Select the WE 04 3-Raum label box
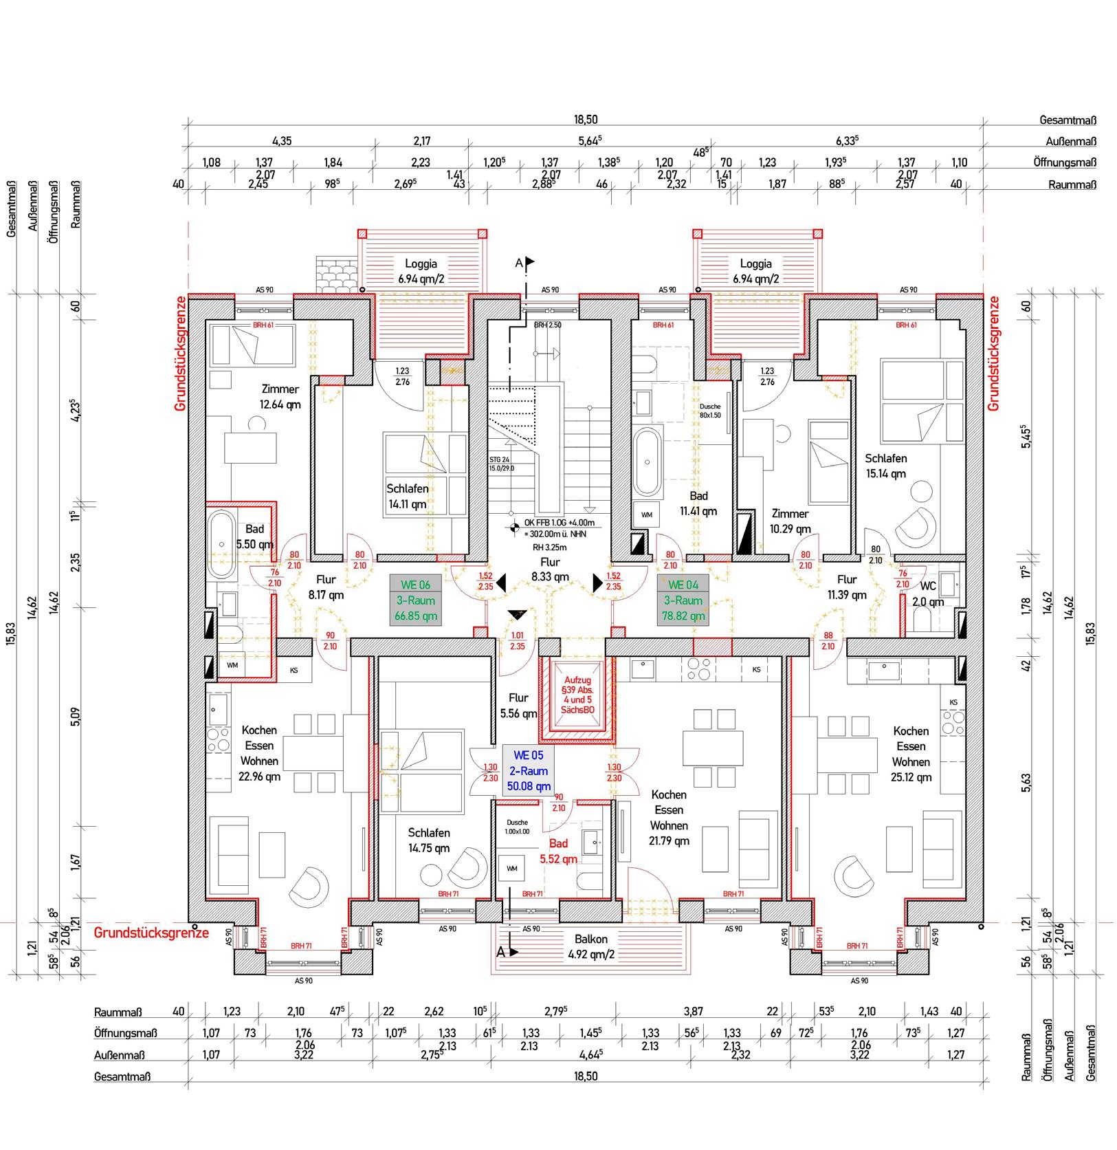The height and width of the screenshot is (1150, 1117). click(x=683, y=600)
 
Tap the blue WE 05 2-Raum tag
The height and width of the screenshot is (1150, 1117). click(x=528, y=770)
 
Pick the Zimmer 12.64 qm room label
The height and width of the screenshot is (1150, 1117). click(x=279, y=397)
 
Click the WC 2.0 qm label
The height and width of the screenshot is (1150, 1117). click(x=927, y=594)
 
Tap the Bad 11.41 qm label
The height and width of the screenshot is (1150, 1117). click(x=698, y=503)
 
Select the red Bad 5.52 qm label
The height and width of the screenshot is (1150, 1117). click(x=558, y=851)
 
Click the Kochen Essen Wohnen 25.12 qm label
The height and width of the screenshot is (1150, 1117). click(x=911, y=754)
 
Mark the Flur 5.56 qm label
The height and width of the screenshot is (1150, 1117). click(x=518, y=706)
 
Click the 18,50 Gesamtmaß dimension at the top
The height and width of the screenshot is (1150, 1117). click(x=586, y=120)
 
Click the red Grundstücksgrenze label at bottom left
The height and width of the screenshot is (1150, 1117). click(x=151, y=933)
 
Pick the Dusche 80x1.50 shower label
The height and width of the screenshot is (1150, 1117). click(x=710, y=411)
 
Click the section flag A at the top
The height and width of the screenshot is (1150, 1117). click(x=524, y=263)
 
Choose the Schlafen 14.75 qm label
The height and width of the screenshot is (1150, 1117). click(x=428, y=840)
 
